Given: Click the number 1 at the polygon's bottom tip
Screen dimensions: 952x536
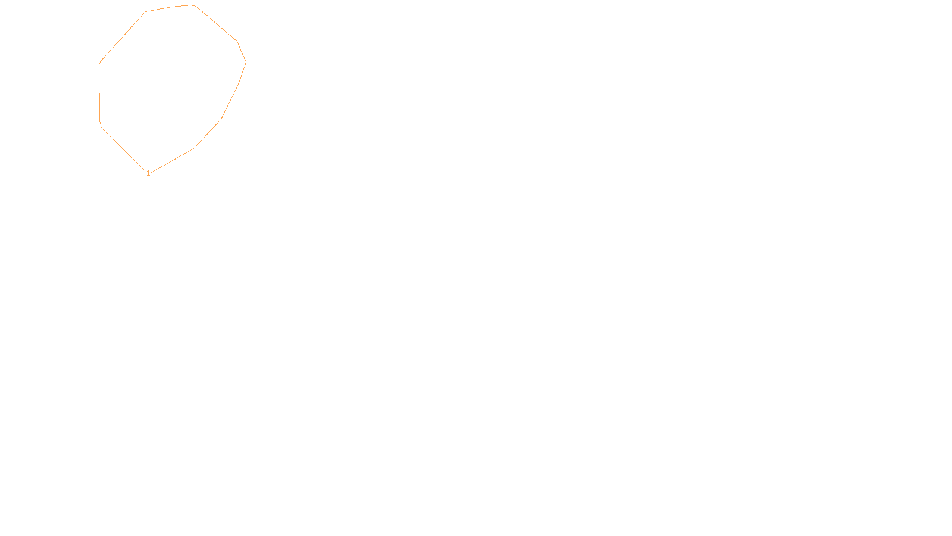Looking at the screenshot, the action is point(148,173).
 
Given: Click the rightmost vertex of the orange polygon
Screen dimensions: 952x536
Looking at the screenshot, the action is point(246,62).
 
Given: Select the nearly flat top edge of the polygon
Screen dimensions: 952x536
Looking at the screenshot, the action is point(170,8).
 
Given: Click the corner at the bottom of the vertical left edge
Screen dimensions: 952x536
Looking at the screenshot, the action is point(101,124).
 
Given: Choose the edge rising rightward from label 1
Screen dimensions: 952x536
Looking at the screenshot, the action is point(173,161).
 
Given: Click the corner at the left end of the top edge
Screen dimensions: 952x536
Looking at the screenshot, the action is point(146,11).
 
